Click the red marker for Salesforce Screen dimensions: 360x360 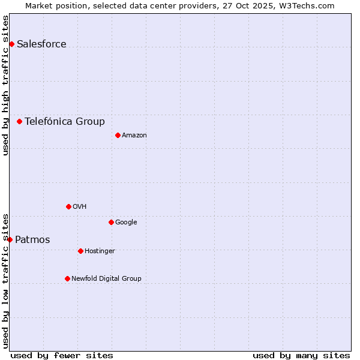tap(11, 44)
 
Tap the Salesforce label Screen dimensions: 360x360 tap(41, 44)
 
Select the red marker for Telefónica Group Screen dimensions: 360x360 tap(19, 121)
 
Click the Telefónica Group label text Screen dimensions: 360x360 tap(65, 121)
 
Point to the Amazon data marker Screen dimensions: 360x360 tap(118, 135)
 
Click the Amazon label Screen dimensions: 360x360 tap(134, 135)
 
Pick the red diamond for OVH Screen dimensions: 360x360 tap(68, 206)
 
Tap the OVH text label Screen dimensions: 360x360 tap(80, 206)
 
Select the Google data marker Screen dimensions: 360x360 tap(111, 222)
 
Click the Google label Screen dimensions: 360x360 tap(126, 222)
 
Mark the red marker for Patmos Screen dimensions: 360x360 tap(10, 239)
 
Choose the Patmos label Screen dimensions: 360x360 tap(32, 240)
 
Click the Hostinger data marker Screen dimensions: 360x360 tap(80, 251)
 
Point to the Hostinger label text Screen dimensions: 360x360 tap(100, 251)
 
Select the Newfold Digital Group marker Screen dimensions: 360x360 tap(67, 278)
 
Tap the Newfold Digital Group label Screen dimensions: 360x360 tap(106, 278)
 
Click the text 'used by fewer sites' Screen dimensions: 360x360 tap(62, 355)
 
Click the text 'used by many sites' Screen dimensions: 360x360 tap(301, 355)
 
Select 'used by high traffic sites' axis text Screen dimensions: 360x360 tap(5, 85)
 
